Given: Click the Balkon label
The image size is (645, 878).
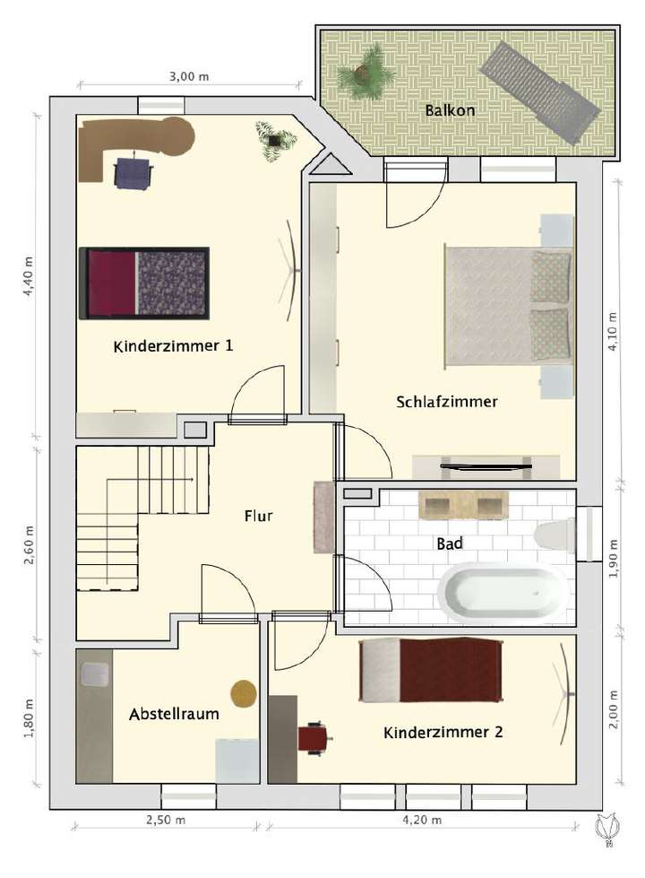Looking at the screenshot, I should click(451, 111).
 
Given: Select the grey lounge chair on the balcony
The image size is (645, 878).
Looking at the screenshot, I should click(539, 91).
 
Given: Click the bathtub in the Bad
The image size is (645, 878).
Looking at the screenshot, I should click(502, 593).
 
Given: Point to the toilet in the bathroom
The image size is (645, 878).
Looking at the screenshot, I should click(555, 536).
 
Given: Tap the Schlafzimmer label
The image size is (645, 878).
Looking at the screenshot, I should click(446, 402).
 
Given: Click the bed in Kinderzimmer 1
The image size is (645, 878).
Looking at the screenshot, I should click(145, 283).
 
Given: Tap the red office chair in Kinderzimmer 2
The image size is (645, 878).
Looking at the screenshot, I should click(314, 738).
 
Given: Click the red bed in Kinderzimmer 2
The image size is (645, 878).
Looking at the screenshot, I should click(430, 670).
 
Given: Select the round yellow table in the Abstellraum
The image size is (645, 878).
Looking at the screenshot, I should click(244, 692).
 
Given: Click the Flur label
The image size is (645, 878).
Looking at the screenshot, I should click(258, 516).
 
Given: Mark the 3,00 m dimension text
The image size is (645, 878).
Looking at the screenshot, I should click(188, 77).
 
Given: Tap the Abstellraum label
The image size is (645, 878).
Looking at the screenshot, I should click(174, 715).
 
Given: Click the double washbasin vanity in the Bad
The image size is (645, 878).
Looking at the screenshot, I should click(464, 505).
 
